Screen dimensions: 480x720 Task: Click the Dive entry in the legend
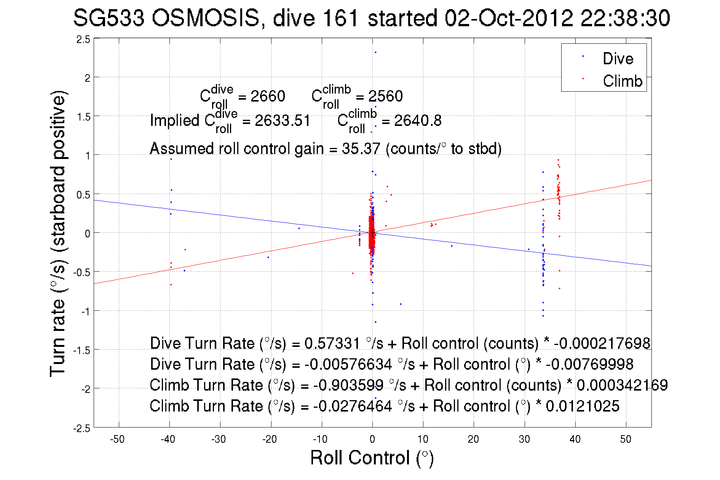click(618, 59)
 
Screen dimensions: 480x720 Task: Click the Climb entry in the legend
click(622, 81)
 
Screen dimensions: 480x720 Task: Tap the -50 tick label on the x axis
click(117, 439)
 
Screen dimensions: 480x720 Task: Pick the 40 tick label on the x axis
click(575, 439)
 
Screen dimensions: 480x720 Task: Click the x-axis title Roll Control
click(372, 458)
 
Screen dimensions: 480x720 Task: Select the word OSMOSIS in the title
click(206, 18)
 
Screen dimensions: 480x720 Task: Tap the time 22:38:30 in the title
click(625, 18)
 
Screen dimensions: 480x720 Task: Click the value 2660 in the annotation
click(268, 96)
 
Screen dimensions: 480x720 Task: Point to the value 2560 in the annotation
click(385, 96)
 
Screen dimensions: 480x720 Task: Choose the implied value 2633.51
click(283, 121)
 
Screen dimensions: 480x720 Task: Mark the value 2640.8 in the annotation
click(418, 121)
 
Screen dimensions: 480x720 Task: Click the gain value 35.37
click(361, 148)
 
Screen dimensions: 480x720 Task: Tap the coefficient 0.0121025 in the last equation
click(583, 406)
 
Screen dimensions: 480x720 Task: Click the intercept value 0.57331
click(332, 343)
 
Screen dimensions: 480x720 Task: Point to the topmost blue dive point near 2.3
click(375, 52)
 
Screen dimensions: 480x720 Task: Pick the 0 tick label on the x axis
click(372, 439)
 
